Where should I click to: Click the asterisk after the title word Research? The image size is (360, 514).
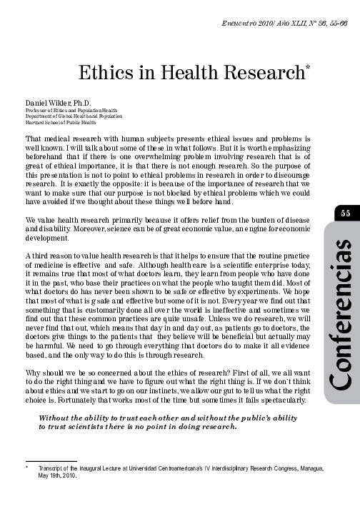(308, 69)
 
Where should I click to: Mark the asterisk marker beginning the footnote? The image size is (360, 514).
(26, 468)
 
